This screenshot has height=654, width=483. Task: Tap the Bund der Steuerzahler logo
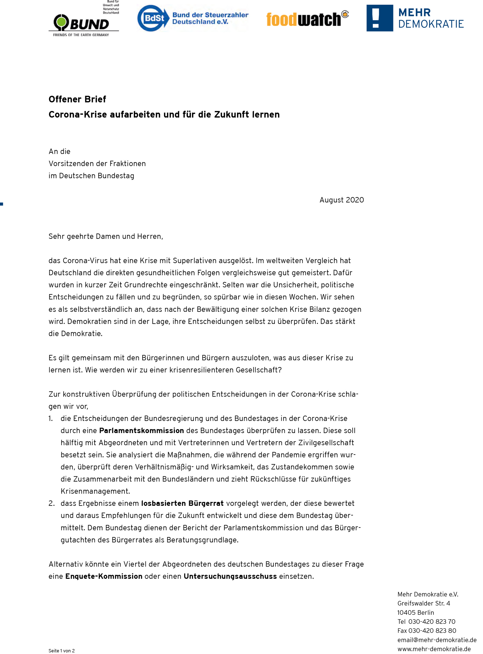click(x=193, y=18)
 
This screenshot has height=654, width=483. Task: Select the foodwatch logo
click(x=307, y=19)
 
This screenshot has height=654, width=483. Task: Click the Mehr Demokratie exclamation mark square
click(x=380, y=18)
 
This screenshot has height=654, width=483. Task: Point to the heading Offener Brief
click(x=77, y=99)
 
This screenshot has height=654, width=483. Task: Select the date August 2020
click(x=341, y=200)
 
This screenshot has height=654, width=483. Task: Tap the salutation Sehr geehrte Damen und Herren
click(x=106, y=236)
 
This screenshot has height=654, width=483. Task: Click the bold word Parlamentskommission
click(x=142, y=431)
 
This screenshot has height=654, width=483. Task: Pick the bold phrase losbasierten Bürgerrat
click(x=182, y=503)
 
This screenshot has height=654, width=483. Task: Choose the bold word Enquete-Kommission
click(x=104, y=576)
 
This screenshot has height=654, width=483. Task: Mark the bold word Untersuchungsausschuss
click(x=230, y=576)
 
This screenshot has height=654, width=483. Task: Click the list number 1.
click(x=51, y=418)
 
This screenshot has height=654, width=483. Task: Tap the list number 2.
click(x=52, y=503)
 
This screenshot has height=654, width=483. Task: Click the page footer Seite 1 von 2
click(x=61, y=651)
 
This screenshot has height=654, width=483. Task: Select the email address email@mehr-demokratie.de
click(x=437, y=640)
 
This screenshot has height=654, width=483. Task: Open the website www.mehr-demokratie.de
click(x=434, y=649)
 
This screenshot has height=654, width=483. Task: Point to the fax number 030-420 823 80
click(x=432, y=631)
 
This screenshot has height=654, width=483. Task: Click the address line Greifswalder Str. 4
click(x=424, y=603)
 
